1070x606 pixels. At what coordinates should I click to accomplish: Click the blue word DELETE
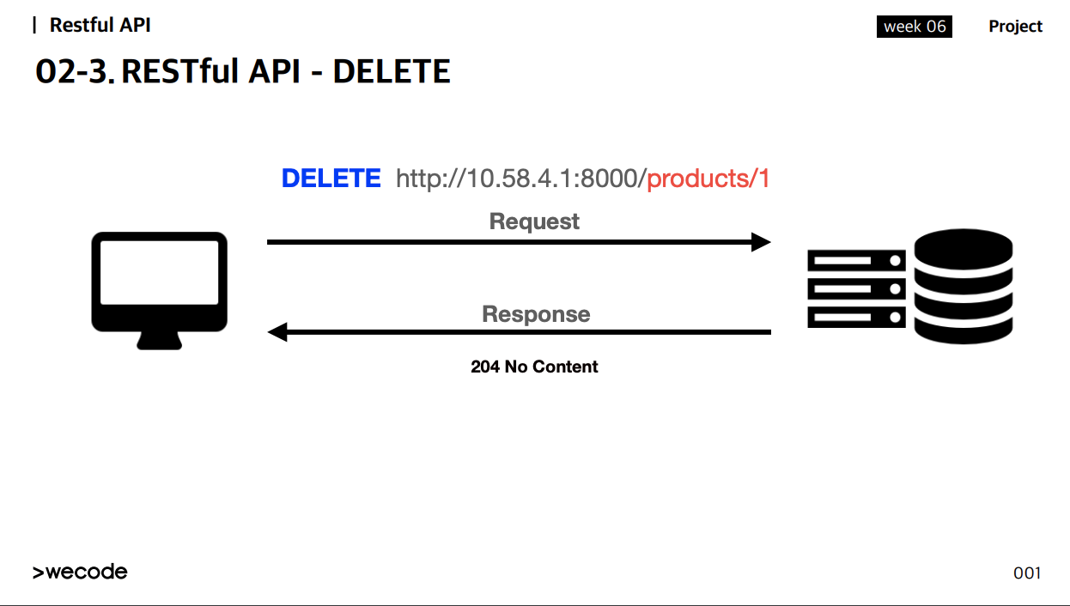pyautogui.click(x=331, y=179)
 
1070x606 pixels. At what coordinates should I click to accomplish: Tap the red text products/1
pyautogui.click(x=708, y=179)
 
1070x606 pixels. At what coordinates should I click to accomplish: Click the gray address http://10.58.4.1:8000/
pyautogui.click(x=521, y=179)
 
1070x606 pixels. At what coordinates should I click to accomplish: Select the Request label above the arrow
pyautogui.click(x=534, y=221)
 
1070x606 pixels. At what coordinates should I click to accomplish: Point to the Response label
pyautogui.click(x=536, y=314)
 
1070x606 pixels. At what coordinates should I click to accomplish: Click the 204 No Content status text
pyautogui.click(x=534, y=367)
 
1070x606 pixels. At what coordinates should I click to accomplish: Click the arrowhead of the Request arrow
pyautogui.click(x=761, y=242)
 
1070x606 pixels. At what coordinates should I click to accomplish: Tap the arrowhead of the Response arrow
pyautogui.click(x=277, y=332)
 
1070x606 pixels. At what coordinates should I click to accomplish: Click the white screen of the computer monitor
pyautogui.click(x=160, y=272)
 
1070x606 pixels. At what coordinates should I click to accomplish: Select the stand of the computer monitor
pyautogui.click(x=160, y=341)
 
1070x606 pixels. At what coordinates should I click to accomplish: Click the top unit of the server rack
pyautogui.click(x=856, y=261)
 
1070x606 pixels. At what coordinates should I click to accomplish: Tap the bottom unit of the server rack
pyautogui.click(x=856, y=317)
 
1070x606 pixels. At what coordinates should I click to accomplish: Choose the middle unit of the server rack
pyautogui.click(x=856, y=289)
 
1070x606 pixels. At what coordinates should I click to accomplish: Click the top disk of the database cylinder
pyautogui.click(x=964, y=249)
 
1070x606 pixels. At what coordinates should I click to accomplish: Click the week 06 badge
pyautogui.click(x=915, y=27)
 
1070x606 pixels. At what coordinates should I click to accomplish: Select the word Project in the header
pyautogui.click(x=1015, y=27)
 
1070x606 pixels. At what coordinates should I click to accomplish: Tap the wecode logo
pyautogui.click(x=80, y=572)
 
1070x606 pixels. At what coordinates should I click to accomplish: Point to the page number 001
pyautogui.click(x=1027, y=573)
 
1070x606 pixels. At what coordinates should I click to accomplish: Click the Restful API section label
pyautogui.click(x=100, y=25)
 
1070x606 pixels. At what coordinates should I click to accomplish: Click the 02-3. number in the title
pyautogui.click(x=75, y=71)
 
